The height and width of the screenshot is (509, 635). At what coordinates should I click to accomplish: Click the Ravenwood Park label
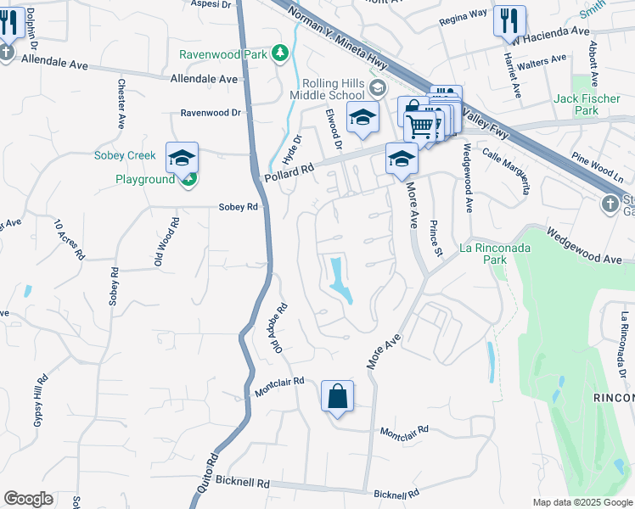[x=223, y=54]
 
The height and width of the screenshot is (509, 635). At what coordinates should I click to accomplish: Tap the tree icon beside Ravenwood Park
[x=279, y=55]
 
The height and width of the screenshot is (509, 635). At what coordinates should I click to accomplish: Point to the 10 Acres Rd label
[x=70, y=239]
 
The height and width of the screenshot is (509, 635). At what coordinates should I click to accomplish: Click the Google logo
[x=28, y=499]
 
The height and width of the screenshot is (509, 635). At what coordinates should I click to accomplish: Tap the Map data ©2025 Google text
[x=582, y=502]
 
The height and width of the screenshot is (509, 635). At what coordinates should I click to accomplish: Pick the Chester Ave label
[x=121, y=104]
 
